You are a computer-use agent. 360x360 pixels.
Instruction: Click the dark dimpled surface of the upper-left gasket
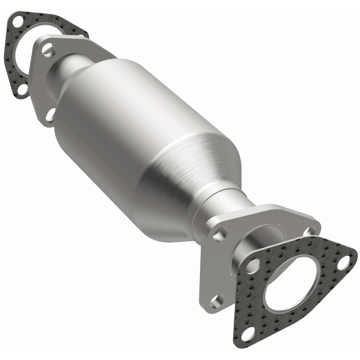(x=13, y=67)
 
